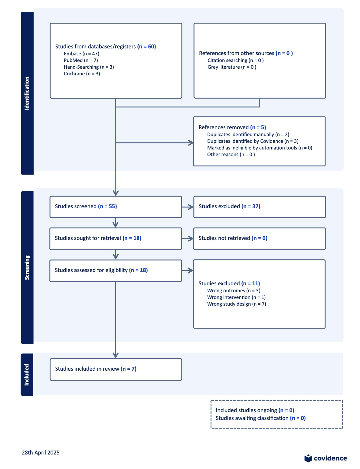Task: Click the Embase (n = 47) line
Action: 81,54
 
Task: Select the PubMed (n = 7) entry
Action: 81,60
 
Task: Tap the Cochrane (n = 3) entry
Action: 82,74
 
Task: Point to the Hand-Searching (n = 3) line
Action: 89,67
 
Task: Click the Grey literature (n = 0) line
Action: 232,67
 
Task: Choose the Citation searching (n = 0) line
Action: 236,60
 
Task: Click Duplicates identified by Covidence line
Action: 253,141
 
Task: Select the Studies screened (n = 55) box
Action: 116,207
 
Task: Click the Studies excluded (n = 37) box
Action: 260,207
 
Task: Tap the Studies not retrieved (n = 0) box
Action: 260,238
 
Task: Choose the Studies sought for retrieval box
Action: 116,238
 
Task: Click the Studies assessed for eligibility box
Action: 116,271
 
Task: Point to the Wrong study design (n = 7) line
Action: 237,304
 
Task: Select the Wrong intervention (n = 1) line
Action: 236,297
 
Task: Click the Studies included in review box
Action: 116,369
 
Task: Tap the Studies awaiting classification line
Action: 260,418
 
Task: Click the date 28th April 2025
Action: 41,452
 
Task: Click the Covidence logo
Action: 326,458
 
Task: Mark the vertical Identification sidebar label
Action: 27,93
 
